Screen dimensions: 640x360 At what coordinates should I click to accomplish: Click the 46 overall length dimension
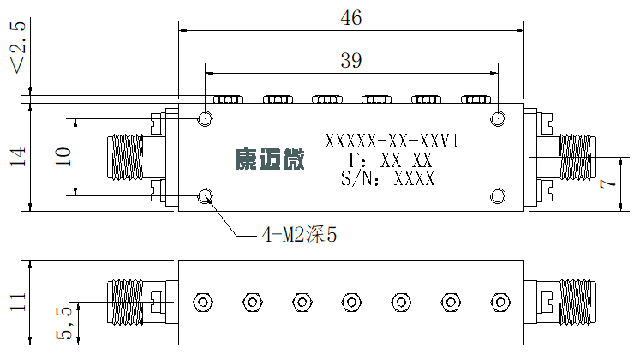[351, 18]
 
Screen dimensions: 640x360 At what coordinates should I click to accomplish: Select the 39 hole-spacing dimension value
[351, 60]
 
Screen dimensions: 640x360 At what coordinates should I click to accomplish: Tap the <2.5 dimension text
[18, 47]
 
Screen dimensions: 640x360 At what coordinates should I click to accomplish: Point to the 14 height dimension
[18, 157]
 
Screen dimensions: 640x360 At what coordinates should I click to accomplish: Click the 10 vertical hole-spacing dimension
[63, 157]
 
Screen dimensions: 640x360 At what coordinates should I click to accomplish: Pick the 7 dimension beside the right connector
[607, 183]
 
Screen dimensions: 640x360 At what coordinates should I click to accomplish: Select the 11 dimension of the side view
[18, 302]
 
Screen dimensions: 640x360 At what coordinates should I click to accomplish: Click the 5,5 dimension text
[63, 322]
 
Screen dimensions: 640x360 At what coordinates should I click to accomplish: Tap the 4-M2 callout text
[299, 235]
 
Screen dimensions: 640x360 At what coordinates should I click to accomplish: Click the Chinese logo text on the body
[270, 159]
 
